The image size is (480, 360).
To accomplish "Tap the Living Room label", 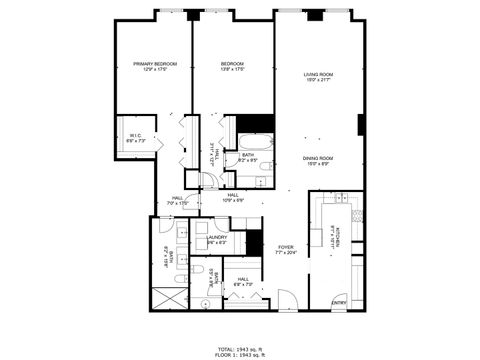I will [x=318, y=75].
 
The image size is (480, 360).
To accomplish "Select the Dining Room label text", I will [x=318, y=158].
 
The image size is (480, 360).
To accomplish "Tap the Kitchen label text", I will [x=354, y=241].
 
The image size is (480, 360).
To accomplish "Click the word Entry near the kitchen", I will [x=339, y=302].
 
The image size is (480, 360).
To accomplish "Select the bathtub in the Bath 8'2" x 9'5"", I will [x=255, y=141].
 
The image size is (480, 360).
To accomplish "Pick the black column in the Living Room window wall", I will [x=315, y=15].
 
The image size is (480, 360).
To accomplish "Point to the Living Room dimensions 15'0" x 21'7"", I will [x=318, y=82].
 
